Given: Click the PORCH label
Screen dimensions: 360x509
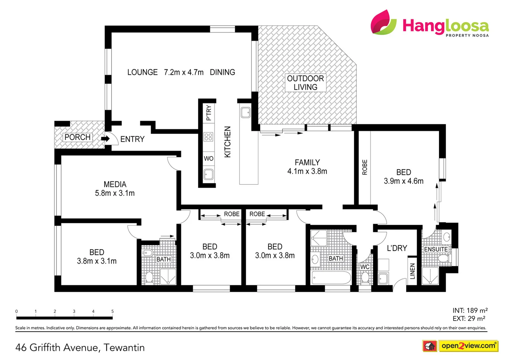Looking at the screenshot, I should tap(77, 137).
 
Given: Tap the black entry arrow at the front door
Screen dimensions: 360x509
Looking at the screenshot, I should tap(106, 138).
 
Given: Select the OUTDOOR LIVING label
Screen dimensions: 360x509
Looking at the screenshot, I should tap(305, 83).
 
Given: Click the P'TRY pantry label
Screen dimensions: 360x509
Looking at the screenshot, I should tap(209, 113).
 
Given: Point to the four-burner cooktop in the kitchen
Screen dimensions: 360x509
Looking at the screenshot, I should tap(209, 137).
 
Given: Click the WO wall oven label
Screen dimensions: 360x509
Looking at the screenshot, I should tap(209, 158).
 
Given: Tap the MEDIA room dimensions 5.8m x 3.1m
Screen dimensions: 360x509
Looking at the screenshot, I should tap(115, 193).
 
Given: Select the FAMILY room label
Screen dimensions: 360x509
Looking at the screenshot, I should tap(307, 162).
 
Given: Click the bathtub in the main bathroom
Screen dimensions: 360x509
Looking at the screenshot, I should tap(331, 277).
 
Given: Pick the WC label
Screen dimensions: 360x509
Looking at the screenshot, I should tap(365, 267).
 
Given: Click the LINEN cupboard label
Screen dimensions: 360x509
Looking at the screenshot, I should tap(412, 271).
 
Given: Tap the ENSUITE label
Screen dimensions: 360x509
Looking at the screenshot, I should tap(436, 249).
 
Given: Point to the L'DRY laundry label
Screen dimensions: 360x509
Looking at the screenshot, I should tap(397, 248).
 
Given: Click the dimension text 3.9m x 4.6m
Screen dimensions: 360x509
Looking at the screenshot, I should tap(403, 181).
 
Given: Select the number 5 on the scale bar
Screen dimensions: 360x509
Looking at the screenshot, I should tap(113, 311).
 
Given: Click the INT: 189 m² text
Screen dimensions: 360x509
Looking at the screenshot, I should tap(470, 310).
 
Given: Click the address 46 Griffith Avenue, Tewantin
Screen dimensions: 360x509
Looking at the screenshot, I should tap(80, 348).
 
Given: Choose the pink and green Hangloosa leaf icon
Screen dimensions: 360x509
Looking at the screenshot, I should tap(383, 22).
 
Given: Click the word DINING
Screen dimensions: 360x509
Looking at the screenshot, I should tap(222, 72).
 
